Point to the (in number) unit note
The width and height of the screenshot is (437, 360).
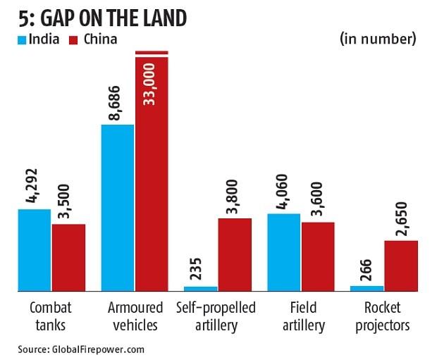click(378, 39)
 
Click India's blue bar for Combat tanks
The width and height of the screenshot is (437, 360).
click(35, 250)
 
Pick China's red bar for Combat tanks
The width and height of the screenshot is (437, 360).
click(68, 257)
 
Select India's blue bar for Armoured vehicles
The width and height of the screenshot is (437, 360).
click(118, 208)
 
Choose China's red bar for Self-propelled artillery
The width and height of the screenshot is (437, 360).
click(235, 254)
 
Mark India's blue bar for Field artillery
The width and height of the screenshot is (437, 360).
click(284, 252)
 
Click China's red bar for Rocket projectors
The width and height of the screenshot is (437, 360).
click(401, 266)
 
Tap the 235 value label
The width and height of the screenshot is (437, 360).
click(201, 272)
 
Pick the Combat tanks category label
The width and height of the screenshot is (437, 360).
click(51, 316)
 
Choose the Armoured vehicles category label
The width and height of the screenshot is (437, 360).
click(135, 316)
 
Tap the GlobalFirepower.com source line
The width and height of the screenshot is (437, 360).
click(81, 348)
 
